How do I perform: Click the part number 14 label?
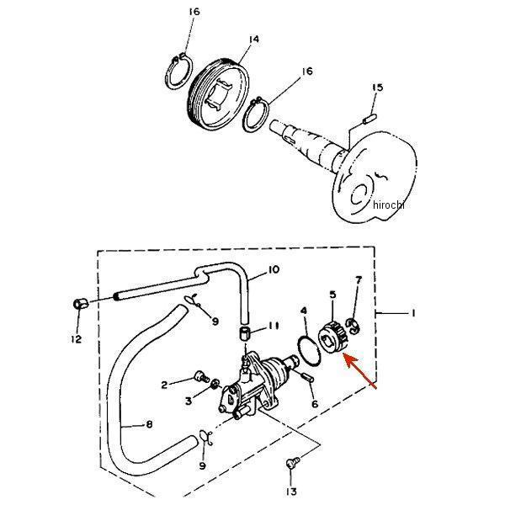click(253, 39)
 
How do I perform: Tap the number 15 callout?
click(377, 88)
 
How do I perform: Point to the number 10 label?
click(274, 270)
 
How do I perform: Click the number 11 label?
click(274, 326)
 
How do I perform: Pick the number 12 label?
click(76, 339)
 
